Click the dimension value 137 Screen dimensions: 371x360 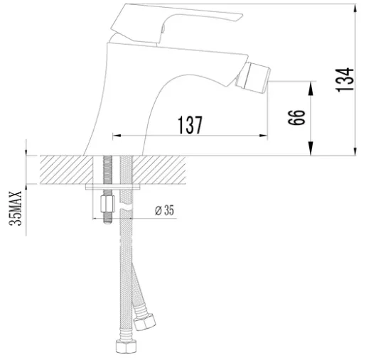pos(190,125)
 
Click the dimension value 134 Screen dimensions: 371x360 pos(345,80)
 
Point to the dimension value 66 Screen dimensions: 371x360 pos(296,117)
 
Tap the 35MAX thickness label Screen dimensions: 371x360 pos(16,208)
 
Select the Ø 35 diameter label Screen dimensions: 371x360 pos(164,210)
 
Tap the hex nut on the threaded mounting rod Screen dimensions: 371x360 pos(107,204)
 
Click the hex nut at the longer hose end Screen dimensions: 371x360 pos(127,347)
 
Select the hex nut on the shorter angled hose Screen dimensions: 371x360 pos(144,322)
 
